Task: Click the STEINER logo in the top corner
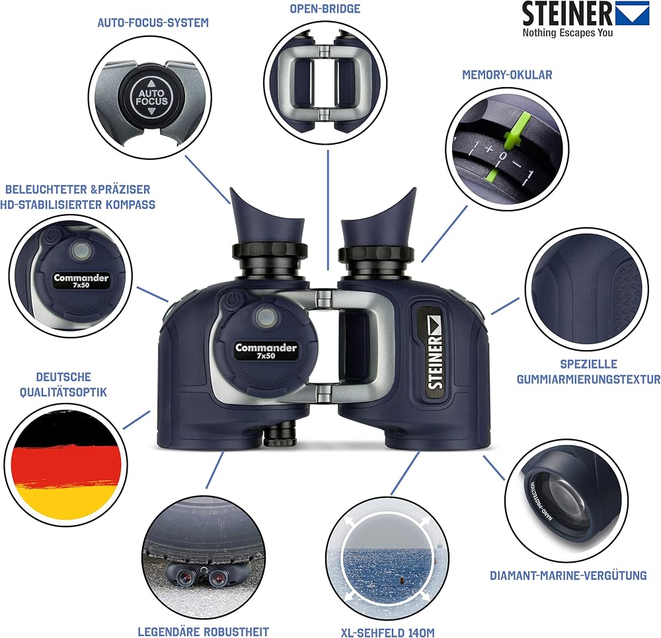point(586,13)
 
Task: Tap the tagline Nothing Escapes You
point(567,33)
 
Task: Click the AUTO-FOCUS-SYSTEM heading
point(153,22)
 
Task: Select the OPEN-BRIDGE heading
point(325,9)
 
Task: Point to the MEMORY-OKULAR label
point(507,75)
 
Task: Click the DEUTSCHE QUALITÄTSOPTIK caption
point(63,384)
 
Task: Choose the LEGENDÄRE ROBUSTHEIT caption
point(203,631)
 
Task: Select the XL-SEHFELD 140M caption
point(387,633)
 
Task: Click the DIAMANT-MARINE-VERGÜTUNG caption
point(568,576)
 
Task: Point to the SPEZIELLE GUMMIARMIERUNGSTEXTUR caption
point(588,371)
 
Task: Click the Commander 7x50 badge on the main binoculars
point(266,351)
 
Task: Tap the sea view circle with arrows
point(387,558)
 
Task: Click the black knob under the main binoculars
point(280,434)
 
